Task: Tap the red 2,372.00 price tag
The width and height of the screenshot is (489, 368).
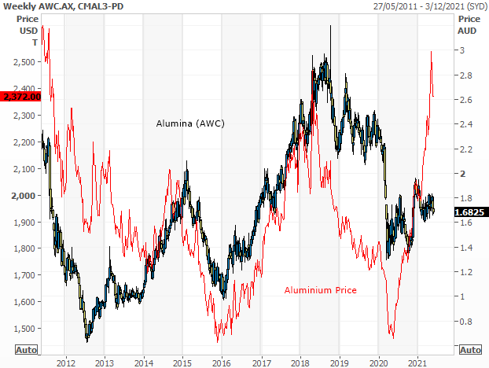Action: pos(20,96)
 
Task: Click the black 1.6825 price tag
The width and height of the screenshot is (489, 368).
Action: pos(469,212)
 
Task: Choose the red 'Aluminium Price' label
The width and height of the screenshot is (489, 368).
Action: pos(320,290)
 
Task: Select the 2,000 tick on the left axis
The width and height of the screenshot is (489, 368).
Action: pos(26,195)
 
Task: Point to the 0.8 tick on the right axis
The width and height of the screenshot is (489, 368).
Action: pos(465,321)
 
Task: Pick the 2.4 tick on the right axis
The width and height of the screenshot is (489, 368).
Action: pos(465,123)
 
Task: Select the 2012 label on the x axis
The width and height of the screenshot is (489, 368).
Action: pos(65,363)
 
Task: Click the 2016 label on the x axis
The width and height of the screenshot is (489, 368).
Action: pos(221,363)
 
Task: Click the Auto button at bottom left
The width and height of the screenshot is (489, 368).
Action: pos(25,349)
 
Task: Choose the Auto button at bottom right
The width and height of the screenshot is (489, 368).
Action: pos(469,349)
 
